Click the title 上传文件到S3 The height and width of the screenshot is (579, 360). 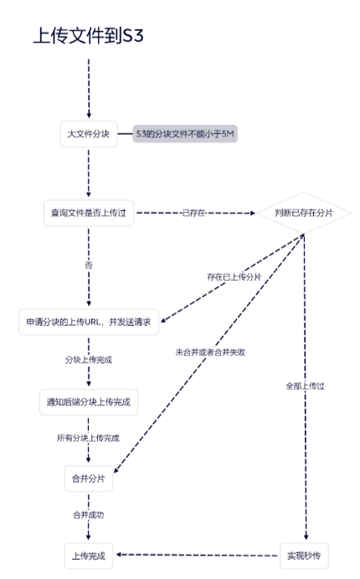[x=88, y=36]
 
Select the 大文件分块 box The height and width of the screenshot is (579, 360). [x=89, y=134]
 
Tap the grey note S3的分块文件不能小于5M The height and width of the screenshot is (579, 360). [x=185, y=134]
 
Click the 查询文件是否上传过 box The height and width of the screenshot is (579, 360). [x=89, y=213]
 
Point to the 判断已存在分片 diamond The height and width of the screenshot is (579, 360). [x=304, y=213]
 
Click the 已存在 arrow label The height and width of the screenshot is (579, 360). [x=193, y=213]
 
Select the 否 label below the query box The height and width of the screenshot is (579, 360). [x=89, y=265]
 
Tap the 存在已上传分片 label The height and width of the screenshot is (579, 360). [x=234, y=277]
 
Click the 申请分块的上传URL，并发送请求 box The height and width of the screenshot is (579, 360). [x=89, y=322]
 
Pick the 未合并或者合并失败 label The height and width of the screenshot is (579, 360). [x=210, y=352]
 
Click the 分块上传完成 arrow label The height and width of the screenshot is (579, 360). [x=89, y=360]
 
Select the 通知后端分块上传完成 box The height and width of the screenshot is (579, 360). [x=89, y=402]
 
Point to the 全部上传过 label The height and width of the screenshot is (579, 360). [x=305, y=386]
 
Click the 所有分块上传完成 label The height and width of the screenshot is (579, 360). [x=88, y=438]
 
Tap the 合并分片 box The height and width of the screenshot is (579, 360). [x=89, y=478]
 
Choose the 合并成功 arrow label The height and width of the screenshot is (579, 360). [x=89, y=514]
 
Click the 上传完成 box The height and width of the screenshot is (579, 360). [x=89, y=556]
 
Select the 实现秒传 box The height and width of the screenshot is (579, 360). [x=304, y=556]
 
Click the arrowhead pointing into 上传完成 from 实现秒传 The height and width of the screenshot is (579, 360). [x=119, y=555]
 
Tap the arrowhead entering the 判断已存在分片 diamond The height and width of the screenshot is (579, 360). [x=253, y=213]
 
